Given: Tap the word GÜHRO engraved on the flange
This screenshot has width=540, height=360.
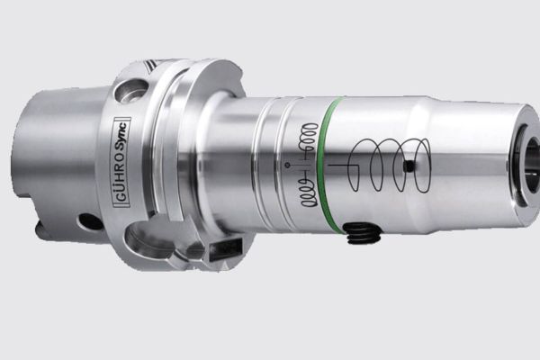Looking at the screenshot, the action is point(122,178).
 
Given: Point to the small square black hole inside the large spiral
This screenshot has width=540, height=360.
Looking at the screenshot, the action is point(409,166).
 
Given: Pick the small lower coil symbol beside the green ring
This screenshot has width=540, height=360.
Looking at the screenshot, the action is point(309,193).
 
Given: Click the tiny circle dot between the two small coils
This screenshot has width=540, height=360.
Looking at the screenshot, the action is point(287,166).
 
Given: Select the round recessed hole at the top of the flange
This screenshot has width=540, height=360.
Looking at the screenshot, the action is point(131,90).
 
